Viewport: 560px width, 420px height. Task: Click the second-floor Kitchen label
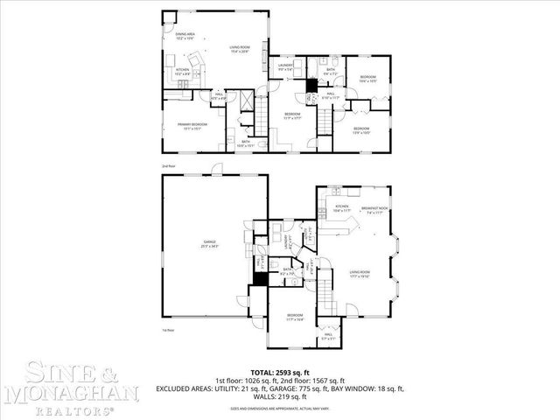[x=184, y=72]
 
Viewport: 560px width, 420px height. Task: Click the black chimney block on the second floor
[x=310, y=85]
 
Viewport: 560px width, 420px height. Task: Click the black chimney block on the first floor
[x=259, y=281]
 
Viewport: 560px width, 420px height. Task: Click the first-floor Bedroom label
[x=294, y=318]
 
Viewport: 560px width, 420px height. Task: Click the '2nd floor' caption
[x=168, y=165]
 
